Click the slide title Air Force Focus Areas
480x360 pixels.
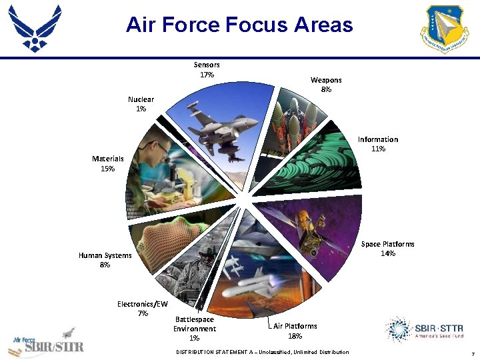pyautogui.click(x=239, y=25)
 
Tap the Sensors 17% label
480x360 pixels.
pyautogui.click(x=207, y=70)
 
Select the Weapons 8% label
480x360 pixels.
pyautogui.click(x=326, y=85)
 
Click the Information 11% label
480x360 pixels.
pyautogui.click(x=378, y=144)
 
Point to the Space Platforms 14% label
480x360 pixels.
pyautogui.click(x=388, y=249)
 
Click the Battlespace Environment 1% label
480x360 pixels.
pyautogui.click(x=195, y=329)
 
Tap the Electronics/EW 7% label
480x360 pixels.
pyautogui.click(x=143, y=309)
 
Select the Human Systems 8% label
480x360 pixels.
pyautogui.click(x=105, y=260)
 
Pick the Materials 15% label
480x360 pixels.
pyautogui.click(x=108, y=163)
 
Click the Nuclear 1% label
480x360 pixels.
pyautogui.click(x=141, y=104)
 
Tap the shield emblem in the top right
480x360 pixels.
pyautogui.click(x=445, y=30)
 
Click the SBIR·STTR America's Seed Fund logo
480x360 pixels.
pyautogui.click(x=424, y=330)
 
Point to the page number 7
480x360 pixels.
pyautogui.click(x=472, y=353)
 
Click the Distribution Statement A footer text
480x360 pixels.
pyautogui.click(x=262, y=352)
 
